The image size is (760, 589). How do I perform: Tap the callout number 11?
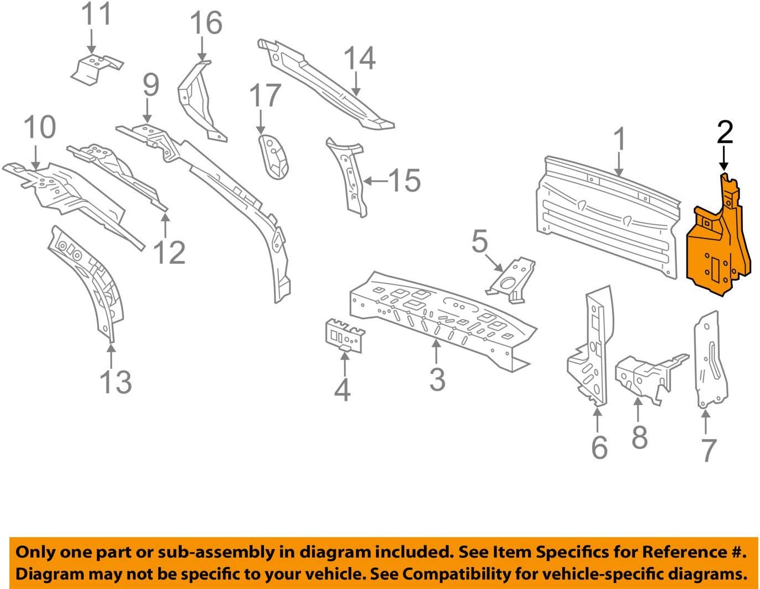(96, 14)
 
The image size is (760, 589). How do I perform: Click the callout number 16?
(205, 24)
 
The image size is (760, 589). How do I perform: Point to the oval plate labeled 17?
(274, 156)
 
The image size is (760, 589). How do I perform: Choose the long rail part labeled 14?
(326, 83)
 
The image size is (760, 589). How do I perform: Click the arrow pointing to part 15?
(374, 181)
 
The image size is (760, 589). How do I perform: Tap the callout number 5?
(479, 242)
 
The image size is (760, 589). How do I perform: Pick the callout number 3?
(437, 380)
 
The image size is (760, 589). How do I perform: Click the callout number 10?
(40, 128)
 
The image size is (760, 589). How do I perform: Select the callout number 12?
(168, 253)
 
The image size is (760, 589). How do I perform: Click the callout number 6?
(599, 448)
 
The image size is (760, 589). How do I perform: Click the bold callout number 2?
(725, 133)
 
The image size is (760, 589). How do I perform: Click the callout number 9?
(150, 85)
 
